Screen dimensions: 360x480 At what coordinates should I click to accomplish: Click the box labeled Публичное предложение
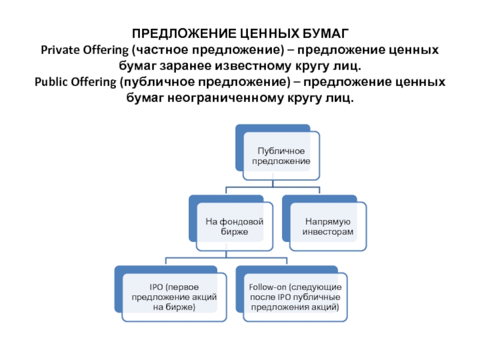pos(281,155)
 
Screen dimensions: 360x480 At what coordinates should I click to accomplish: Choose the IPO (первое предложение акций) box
pos(174,296)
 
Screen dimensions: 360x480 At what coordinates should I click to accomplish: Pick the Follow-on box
pos(294,296)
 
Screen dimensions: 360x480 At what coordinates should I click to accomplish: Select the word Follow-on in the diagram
pos(267,287)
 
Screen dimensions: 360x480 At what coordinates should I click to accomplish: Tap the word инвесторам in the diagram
pos(328,231)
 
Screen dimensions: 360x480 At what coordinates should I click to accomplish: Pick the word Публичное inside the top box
pos(281,150)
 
